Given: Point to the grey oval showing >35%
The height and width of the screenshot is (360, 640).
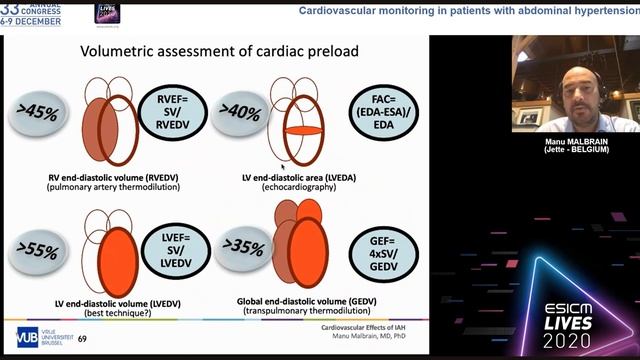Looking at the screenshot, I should click(x=242, y=249).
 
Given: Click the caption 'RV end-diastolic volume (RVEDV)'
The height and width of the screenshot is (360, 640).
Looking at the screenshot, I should click(x=111, y=177).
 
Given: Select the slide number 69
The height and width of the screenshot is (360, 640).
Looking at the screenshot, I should click(x=82, y=340).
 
